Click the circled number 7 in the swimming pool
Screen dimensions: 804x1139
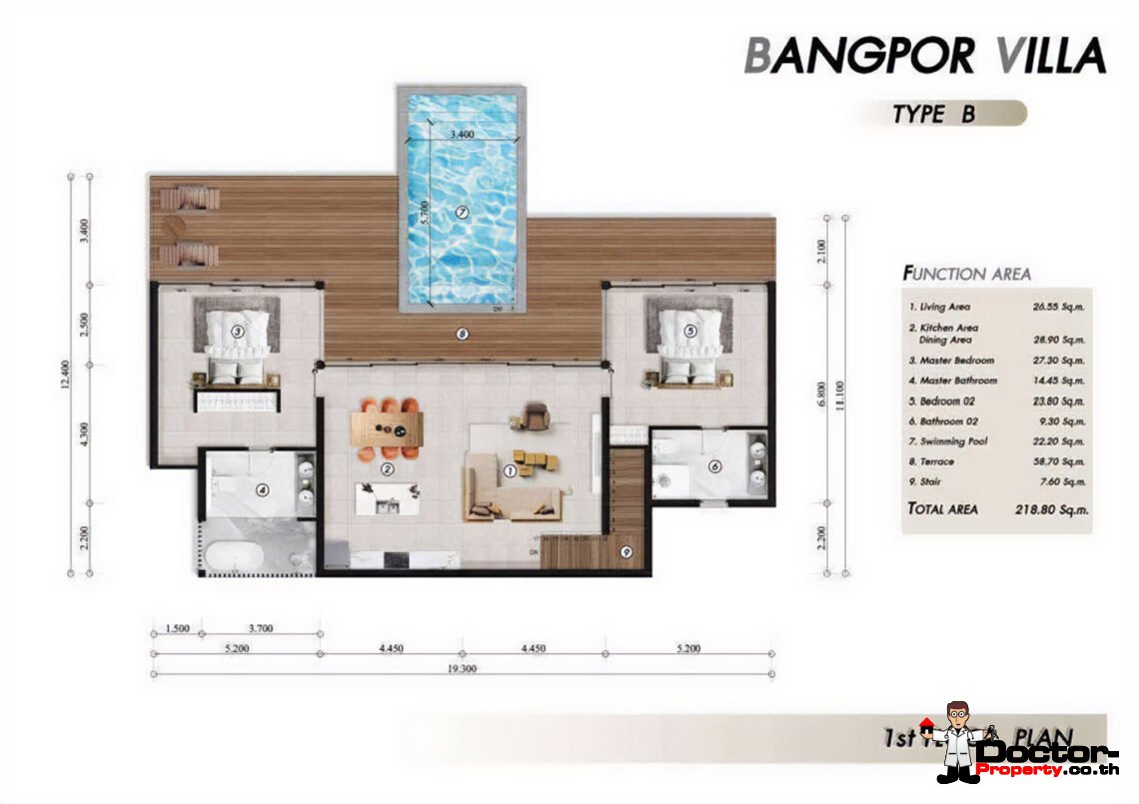pos(462,211)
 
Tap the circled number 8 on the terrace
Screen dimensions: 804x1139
pos(463,335)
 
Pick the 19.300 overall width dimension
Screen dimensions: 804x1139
pos(462,668)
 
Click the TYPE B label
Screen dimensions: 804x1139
pos(934,114)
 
